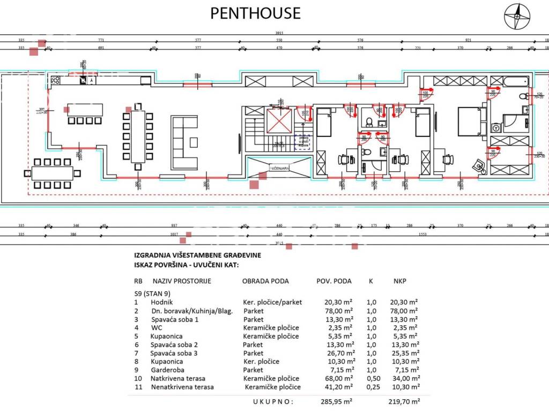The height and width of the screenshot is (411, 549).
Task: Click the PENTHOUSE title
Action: (x=255, y=13)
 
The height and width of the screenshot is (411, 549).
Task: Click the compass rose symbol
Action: (x=517, y=16)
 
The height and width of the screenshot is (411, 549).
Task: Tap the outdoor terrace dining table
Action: (x=53, y=173)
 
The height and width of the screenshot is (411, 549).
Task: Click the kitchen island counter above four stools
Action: (x=85, y=109)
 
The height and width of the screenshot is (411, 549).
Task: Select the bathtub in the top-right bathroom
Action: (x=514, y=81)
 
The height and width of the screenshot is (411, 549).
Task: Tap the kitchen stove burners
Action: (x=55, y=80)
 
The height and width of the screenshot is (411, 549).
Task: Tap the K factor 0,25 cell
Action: (x=372, y=387)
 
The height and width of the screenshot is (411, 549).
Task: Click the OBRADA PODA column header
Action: (x=265, y=281)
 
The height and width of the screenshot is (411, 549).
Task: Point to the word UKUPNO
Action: (x=273, y=400)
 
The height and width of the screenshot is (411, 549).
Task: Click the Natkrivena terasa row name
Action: (x=177, y=378)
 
